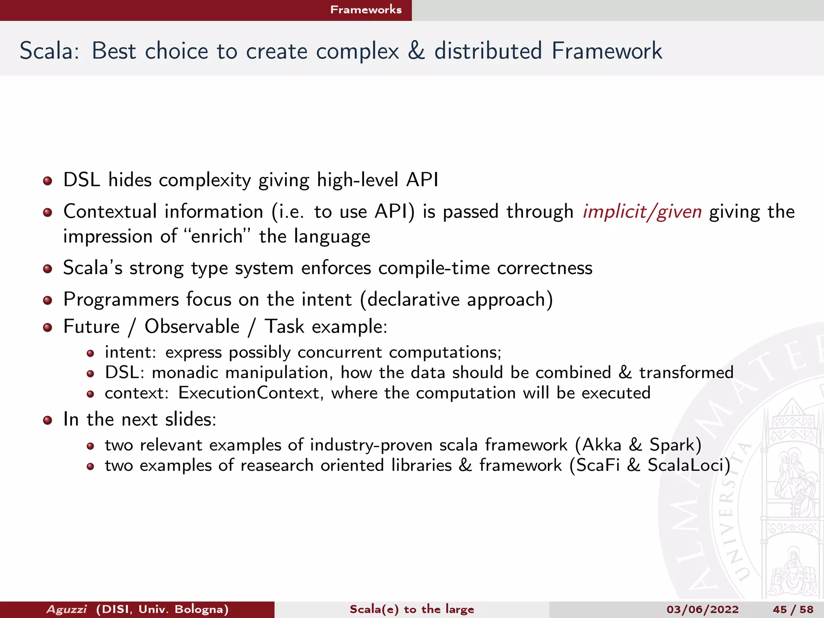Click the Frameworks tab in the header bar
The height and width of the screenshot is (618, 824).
click(x=366, y=10)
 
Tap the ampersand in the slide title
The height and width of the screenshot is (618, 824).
click(x=416, y=51)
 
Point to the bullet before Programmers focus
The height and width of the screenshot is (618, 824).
click(x=47, y=300)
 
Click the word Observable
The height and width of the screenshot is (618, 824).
click(x=192, y=326)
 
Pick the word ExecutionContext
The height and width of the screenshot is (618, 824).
click(x=249, y=393)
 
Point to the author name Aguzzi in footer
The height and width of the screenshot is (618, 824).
click(x=66, y=609)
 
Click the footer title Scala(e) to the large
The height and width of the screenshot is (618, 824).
click(x=412, y=609)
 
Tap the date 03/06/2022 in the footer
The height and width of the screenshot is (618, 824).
click(x=702, y=609)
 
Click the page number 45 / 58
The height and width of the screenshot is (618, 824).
click(x=793, y=609)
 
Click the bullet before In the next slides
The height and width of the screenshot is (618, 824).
click(x=47, y=420)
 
